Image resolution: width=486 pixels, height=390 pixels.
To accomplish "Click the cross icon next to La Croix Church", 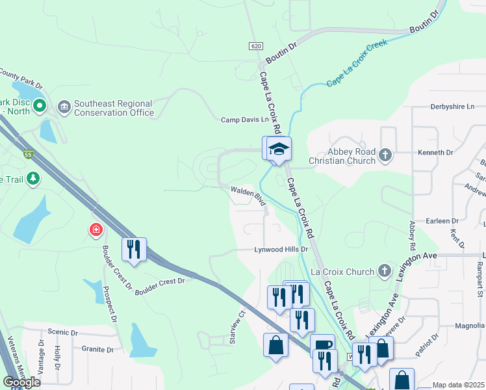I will [x=385, y=270].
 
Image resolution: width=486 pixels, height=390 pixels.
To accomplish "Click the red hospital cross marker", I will [x=96, y=229].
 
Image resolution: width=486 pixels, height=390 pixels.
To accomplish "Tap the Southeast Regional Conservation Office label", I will [x=113, y=108].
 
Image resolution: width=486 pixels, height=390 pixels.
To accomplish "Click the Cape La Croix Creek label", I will [x=357, y=62].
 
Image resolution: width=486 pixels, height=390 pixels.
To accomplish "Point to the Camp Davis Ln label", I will [x=244, y=120].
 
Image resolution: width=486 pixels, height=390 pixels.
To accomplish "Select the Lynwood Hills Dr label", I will [x=280, y=250].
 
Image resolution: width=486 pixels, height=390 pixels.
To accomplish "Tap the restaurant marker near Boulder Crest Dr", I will [x=134, y=250].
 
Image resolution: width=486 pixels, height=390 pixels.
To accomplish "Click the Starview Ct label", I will [x=238, y=320].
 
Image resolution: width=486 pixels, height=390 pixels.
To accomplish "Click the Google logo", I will [x=21, y=382].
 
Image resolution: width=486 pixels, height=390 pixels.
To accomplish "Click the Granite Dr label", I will [x=98, y=349].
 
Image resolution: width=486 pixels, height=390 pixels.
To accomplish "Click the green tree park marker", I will [x=33, y=179].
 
